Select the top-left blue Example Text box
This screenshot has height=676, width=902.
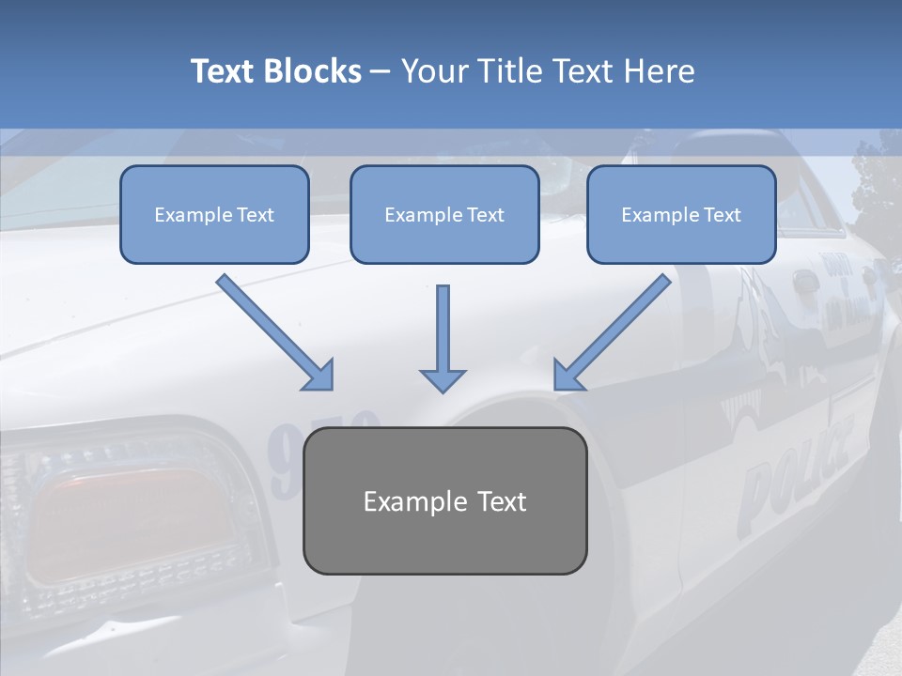(x=214, y=214)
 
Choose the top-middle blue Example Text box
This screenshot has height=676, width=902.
(x=444, y=214)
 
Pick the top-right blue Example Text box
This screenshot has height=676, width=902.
(x=681, y=214)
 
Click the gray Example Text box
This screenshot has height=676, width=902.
(x=444, y=500)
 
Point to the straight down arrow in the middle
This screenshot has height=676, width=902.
(x=443, y=338)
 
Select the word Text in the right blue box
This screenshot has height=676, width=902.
(x=723, y=215)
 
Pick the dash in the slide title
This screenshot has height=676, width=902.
(x=381, y=72)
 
